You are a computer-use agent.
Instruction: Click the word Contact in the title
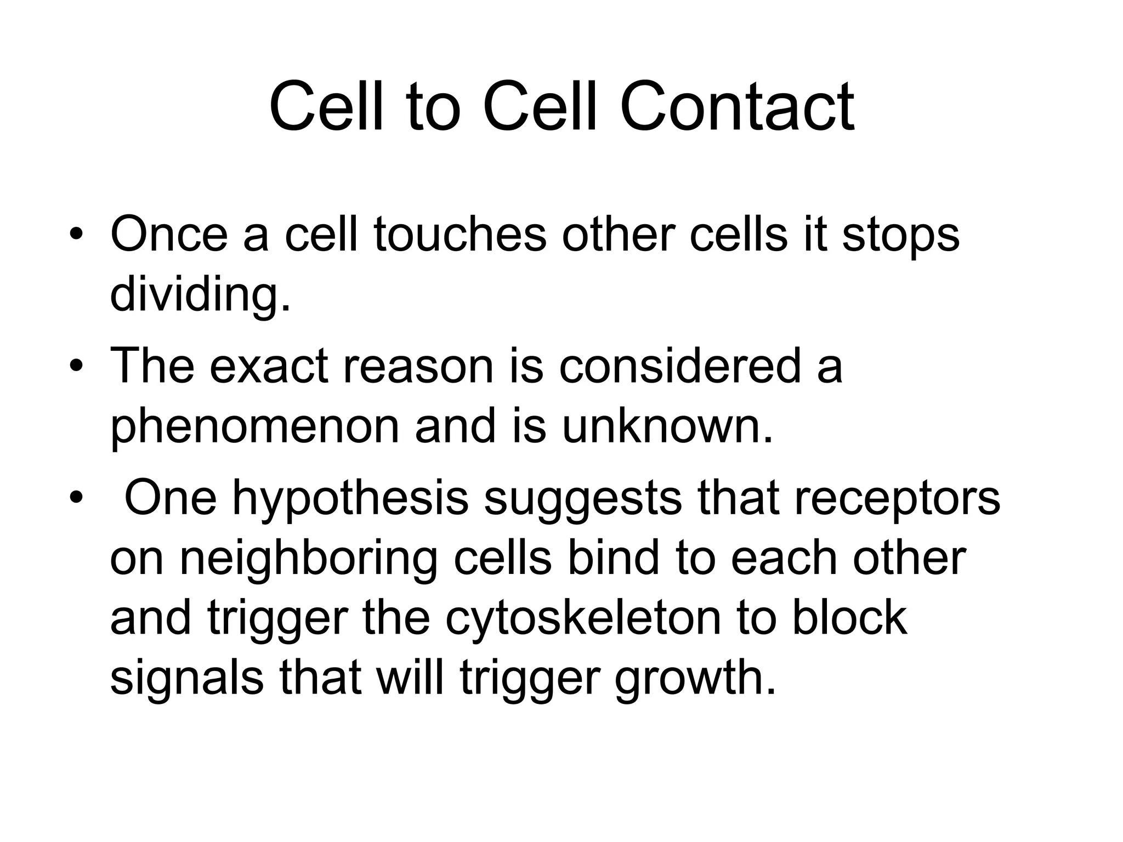point(737,106)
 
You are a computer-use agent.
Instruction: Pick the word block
point(849,618)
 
